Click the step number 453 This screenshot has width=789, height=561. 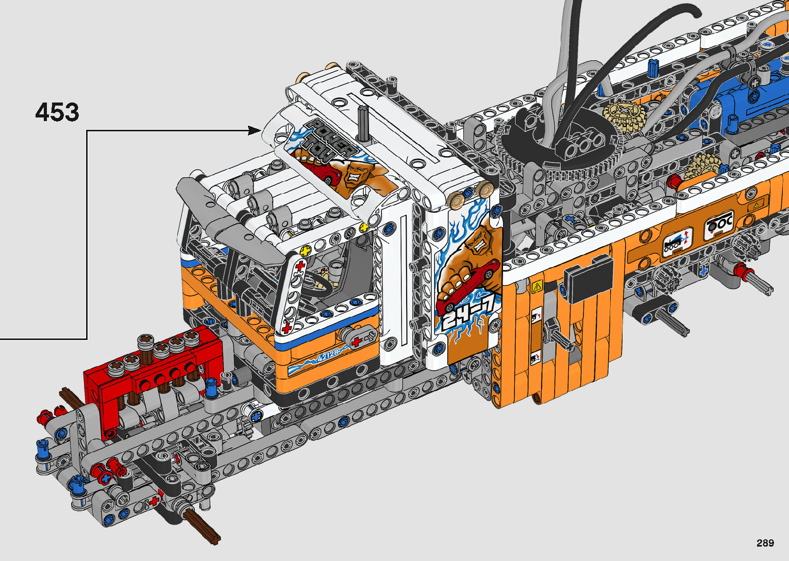pyautogui.click(x=57, y=112)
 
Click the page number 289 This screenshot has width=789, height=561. pyautogui.click(x=765, y=542)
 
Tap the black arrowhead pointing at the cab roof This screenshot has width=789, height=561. pyautogui.click(x=254, y=130)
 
